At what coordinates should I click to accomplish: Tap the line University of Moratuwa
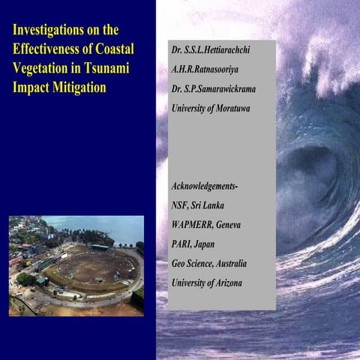tap(211, 108)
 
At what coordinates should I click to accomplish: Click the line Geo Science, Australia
tap(209, 263)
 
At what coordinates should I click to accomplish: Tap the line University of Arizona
tap(207, 283)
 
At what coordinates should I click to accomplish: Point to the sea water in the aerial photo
tap(112, 226)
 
